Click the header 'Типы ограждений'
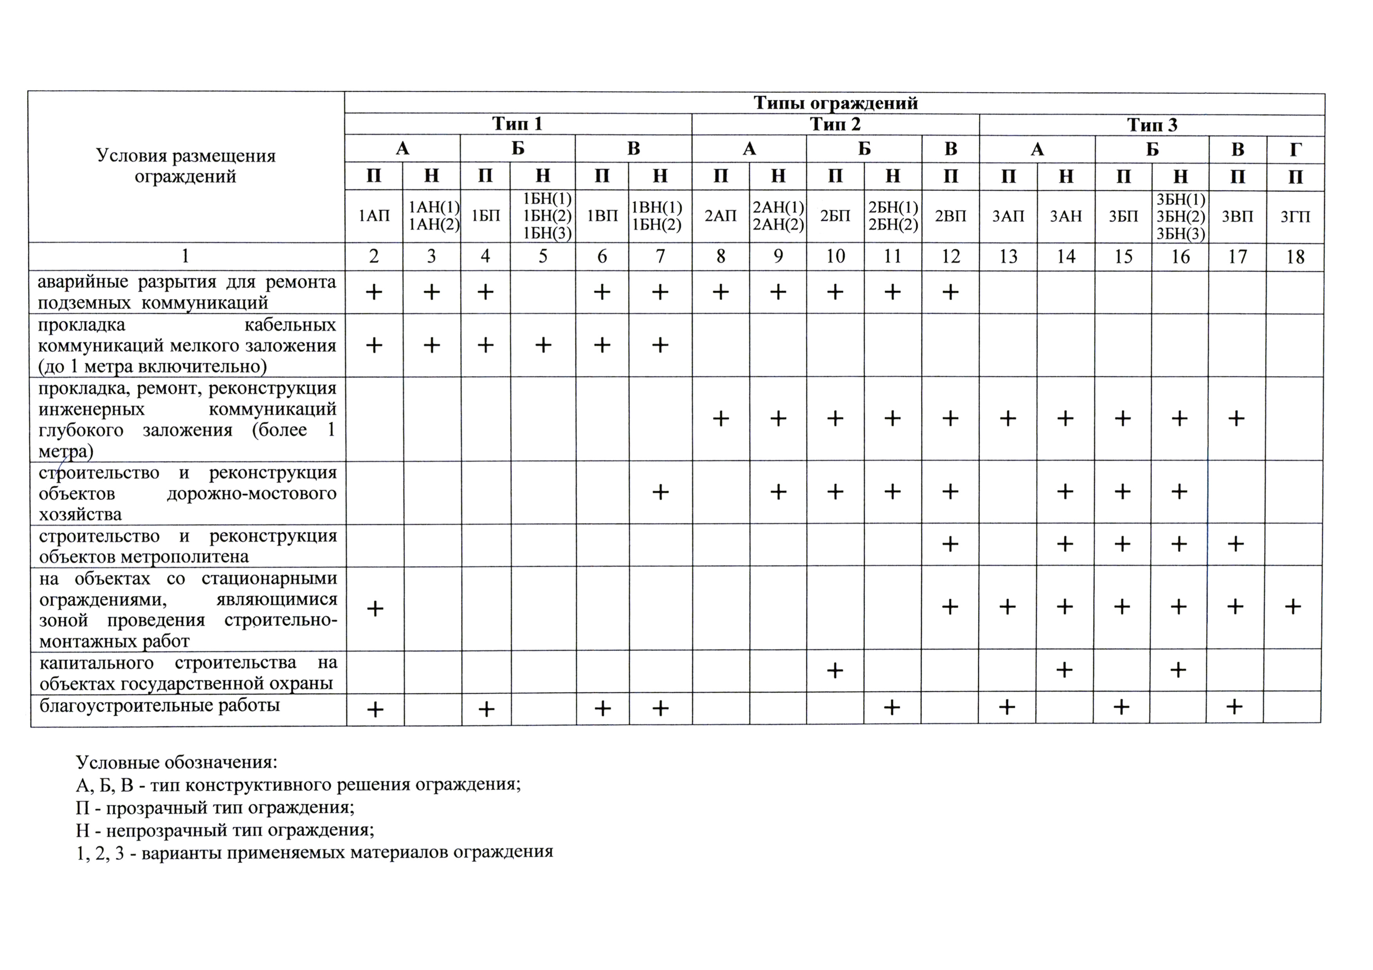[x=835, y=103]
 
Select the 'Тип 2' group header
[x=835, y=124]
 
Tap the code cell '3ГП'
[x=1295, y=216]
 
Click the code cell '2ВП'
[x=950, y=216]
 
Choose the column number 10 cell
[x=835, y=256]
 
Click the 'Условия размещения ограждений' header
[x=186, y=166]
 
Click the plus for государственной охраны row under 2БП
[x=835, y=671]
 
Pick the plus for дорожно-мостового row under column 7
[x=660, y=493]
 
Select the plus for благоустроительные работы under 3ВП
[x=1235, y=707]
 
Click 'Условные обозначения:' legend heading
[x=177, y=763]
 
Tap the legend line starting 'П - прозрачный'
[x=215, y=808]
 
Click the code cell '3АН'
[x=1066, y=216]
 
